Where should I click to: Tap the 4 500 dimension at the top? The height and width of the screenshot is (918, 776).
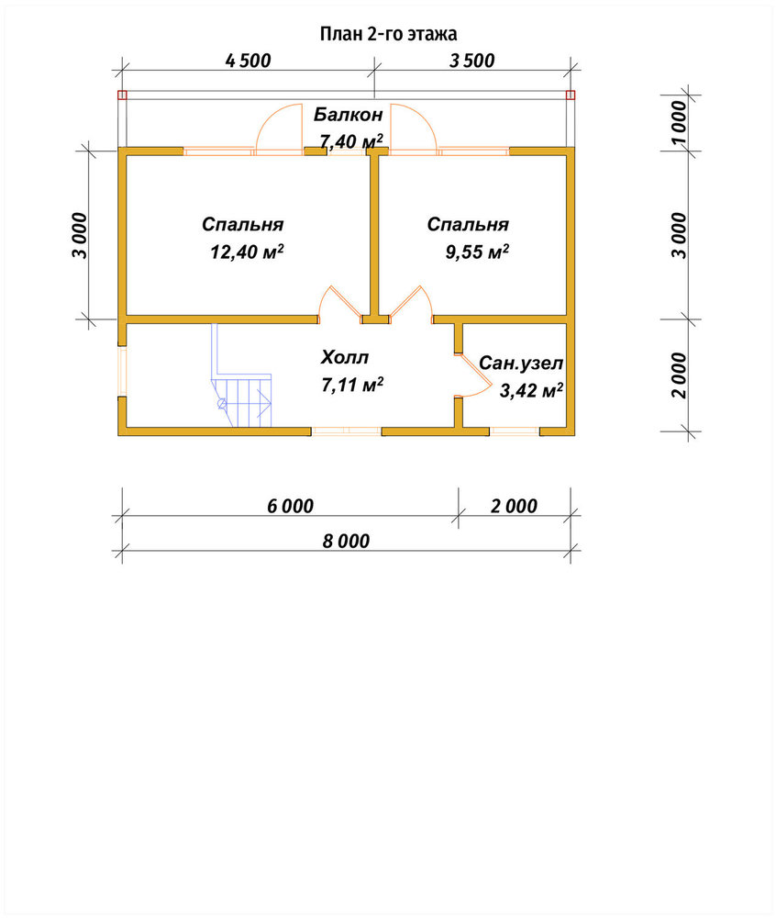(x=248, y=61)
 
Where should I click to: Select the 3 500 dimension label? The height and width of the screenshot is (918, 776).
(x=471, y=61)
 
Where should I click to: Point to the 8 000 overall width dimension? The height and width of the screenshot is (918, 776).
(x=346, y=541)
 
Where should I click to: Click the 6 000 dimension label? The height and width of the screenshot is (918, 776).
(x=290, y=506)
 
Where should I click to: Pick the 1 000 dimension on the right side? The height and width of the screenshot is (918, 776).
(x=679, y=122)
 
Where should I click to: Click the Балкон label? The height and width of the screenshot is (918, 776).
(x=348, y=114)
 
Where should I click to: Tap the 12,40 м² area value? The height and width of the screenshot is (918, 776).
(x=247, y=252)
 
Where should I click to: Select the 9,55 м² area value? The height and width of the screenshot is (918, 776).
(x=477, y=252)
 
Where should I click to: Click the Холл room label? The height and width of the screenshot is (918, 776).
(x=345, y=357)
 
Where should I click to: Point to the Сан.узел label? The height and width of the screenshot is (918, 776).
(x=521, y=363)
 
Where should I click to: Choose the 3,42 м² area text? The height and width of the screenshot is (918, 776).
(x=531, y=390)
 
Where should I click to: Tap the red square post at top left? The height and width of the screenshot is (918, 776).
(x=122, y=95)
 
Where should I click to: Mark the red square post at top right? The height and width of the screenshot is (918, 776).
(x=571, y=95)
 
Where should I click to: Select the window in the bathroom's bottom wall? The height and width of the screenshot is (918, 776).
(x=514, y=431)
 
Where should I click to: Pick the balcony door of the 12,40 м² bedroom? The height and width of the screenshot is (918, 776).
(x=279, y=129)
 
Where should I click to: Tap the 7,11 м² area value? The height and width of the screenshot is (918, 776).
(x=352, y=385)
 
